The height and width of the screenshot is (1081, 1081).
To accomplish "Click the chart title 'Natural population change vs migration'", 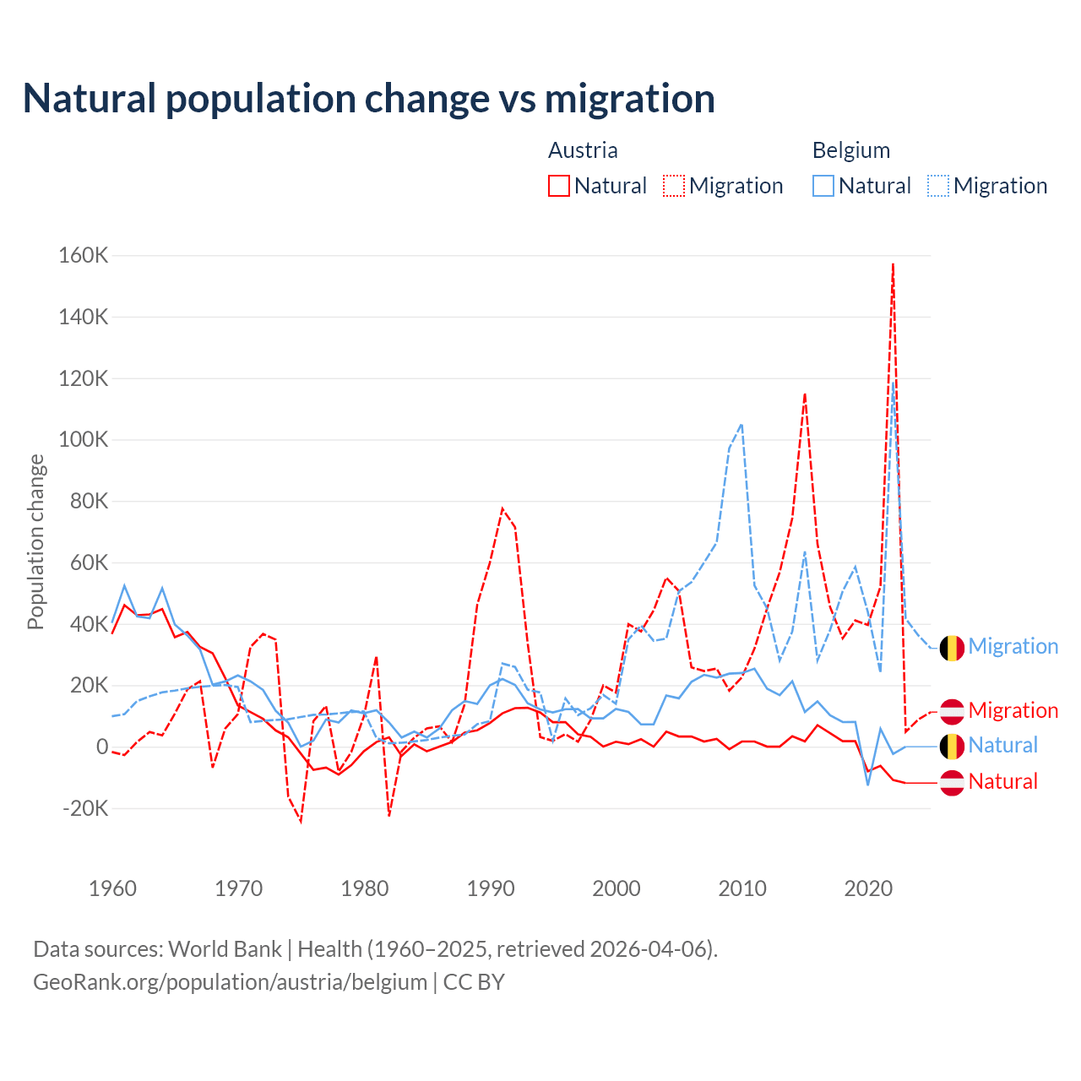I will [369, 99].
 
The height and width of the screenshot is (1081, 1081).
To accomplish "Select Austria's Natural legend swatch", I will [559, 186].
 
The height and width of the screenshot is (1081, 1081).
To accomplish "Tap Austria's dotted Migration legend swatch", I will [674, 186].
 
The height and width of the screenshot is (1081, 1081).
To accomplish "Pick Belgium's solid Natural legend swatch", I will [823, 186].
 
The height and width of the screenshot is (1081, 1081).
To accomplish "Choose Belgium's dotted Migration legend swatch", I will [938, 186].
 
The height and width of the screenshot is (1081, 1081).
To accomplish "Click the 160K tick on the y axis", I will [84, 255].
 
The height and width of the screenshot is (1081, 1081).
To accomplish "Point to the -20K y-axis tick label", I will [86, 808].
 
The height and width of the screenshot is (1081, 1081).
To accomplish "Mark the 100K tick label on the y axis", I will [84, 440].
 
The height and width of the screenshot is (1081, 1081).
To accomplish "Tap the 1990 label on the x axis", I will [491, 888].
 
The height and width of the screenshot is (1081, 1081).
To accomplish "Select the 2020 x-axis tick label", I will [868, 888].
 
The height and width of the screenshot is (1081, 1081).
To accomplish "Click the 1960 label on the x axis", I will [112, 888].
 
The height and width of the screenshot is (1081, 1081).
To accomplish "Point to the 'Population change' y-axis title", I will [35, 542].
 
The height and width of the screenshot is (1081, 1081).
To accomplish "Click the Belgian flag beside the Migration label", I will [952, 648].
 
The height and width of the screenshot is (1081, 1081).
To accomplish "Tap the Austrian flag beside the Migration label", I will [952, 711].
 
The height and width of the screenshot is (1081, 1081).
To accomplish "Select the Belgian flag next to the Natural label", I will [952, 747].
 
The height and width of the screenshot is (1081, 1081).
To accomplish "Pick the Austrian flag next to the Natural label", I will [952, 783].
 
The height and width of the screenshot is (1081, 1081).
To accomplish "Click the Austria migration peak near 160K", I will [893, 264].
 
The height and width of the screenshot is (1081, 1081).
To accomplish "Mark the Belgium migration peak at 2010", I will [741, 425].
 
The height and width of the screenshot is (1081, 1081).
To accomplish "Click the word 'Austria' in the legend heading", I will [583, 150].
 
